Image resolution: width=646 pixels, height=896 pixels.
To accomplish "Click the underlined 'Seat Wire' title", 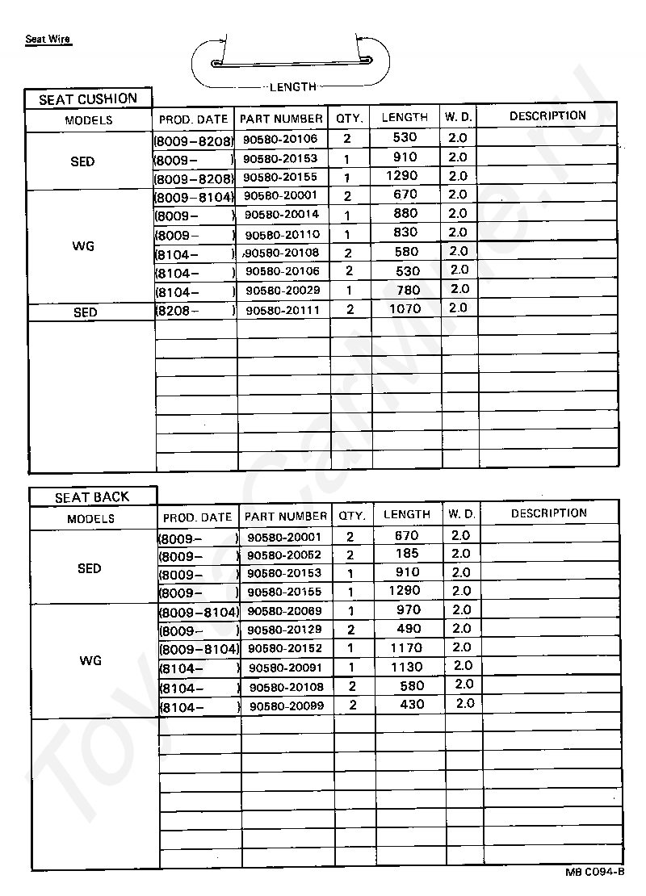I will click(x=48, y=39).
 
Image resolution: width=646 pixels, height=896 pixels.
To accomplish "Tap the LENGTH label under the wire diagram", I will click(x=292, y=86).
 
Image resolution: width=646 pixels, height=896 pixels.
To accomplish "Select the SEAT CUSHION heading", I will click(x=88, y=99).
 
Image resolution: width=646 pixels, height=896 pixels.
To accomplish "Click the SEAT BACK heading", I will click(x=92, y=497).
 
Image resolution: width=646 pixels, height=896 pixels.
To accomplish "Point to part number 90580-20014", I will click(x=281, y=215).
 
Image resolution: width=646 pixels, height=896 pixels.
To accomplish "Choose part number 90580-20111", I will click(x=282, y=310).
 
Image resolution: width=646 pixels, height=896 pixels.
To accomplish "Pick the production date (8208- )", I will click(x=194, y=310).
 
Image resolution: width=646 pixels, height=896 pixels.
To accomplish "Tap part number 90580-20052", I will click(x=284, y=555).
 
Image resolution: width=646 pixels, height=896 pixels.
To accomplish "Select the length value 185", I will click(x=407, y=554).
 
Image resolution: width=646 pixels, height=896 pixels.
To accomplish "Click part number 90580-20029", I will click(x=283, y=291).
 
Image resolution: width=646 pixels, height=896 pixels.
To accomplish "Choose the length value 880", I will click(x=405, y=213).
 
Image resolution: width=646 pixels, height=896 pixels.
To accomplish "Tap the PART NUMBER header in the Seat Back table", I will click(x=286, y=516).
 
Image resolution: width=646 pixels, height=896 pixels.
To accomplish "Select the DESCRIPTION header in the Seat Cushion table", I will click(x=547, y=116).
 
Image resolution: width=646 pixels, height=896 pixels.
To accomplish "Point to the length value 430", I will click(x=411, y=704).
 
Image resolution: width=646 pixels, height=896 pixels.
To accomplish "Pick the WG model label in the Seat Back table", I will click(x=90, y=660).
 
